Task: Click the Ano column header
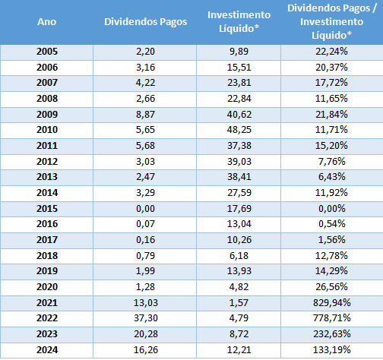click(47, 22)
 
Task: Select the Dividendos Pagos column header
click(146, 22)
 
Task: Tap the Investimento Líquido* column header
click(239, 22)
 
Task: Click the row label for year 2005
click(47, 52)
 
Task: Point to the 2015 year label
click(47, 209)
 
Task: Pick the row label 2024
click(47, 350)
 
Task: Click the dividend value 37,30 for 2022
click(146, 318)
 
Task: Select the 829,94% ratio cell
click(332, 303)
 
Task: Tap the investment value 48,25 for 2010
click(239, 130)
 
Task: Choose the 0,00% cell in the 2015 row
click(332, 209)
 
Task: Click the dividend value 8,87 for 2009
click(145, 115)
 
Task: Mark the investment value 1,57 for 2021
click(239, 303)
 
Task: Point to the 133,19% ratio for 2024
click(332, 350)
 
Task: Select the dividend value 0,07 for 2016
click(145, 224)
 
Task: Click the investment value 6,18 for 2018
click(239, 256)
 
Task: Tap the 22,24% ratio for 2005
click(331, 52)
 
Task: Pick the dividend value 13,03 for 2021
click(146, 303)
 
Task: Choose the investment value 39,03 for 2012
click(239, 162)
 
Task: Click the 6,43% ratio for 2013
click(332, 177)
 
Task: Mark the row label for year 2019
click(47, 271)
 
